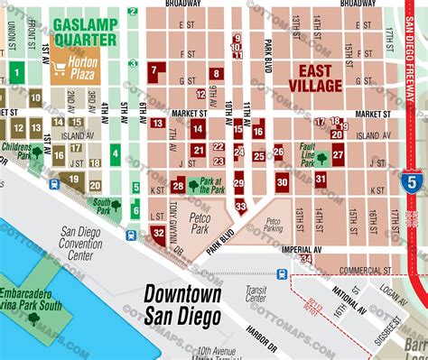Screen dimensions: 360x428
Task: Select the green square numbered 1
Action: click(x=17, y=72)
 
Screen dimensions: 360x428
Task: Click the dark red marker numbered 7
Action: click(x=158, y=70)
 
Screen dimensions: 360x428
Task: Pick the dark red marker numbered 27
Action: click(x=338, y=154)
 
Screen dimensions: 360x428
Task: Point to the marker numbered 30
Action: click(x=283, y=181)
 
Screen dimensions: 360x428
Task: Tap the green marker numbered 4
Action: click(x=115, y=153)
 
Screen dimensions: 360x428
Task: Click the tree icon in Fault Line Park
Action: click(x=321, y=159)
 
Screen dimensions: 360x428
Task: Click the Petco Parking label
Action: click(x=273, y=223)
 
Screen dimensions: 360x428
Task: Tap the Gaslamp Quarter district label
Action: click(x=85, y=32)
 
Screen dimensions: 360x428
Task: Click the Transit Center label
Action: click(x=256, y=293)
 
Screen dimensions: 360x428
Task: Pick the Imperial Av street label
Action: click(x=302, y=249)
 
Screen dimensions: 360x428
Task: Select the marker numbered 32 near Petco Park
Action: click(x=158, y=233)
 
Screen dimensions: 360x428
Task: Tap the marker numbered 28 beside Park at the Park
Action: click(x=178, y=187)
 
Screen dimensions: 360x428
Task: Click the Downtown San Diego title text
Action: click(x=183, y=305)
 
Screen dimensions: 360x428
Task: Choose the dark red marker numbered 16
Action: click(x=258, y=132)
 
